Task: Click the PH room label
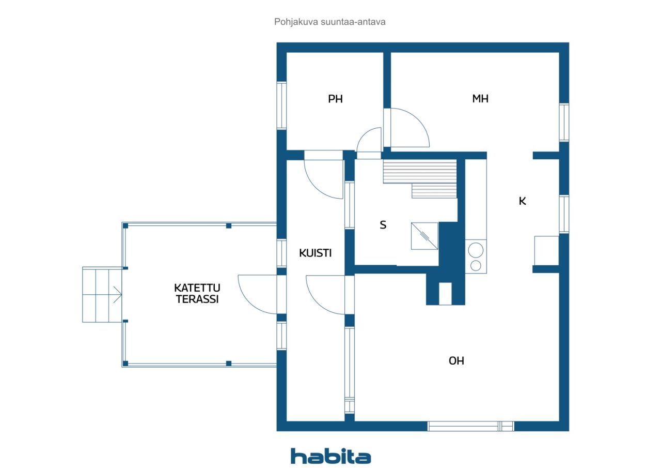pyautogui.click(x=335, y=99)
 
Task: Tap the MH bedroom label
pyautogui.click(x=480, y=98)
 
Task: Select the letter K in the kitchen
pyautogui.click(x=522, y=201)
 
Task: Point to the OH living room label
pyautogui.click(x=456, y=361)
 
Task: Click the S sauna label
pyautogui.click(x=383, y=225)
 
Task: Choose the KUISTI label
pyautogui.click(x=315, y=253)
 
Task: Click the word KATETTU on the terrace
pyautogui.click(x=197, y=288)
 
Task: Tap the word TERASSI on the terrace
pyautogui.click(x=197, y=299)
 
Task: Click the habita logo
pyautogui.click(x=330, y=456)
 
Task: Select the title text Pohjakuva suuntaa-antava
pyautogui.click(x=329, y=22)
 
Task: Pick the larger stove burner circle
pyautogui.click(x=476, y=250)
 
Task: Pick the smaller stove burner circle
pyautogui.click(x=476, y=266)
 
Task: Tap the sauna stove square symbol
pyautogui.click(x=424, y=236)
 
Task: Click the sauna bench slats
pyautogui.click(x=420, y=179)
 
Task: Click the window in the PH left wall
pyautogui.click(x=281, y=105)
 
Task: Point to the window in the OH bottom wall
pyautogui.click(x=470, y=426)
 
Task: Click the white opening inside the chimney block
pyautogui.click(x=445, y=294)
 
